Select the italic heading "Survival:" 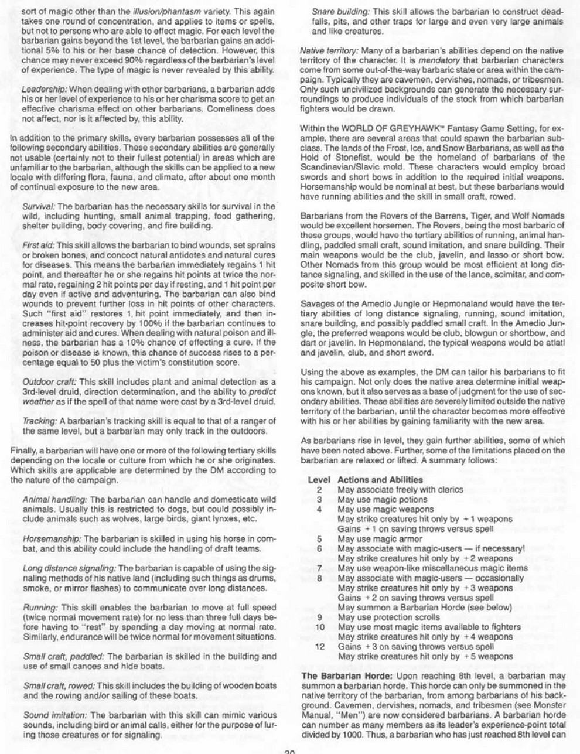(x=39, y=207)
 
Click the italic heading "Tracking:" (x=39, y=421)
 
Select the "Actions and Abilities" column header (x=380, y=479)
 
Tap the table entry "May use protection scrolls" (x=388, y=617)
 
